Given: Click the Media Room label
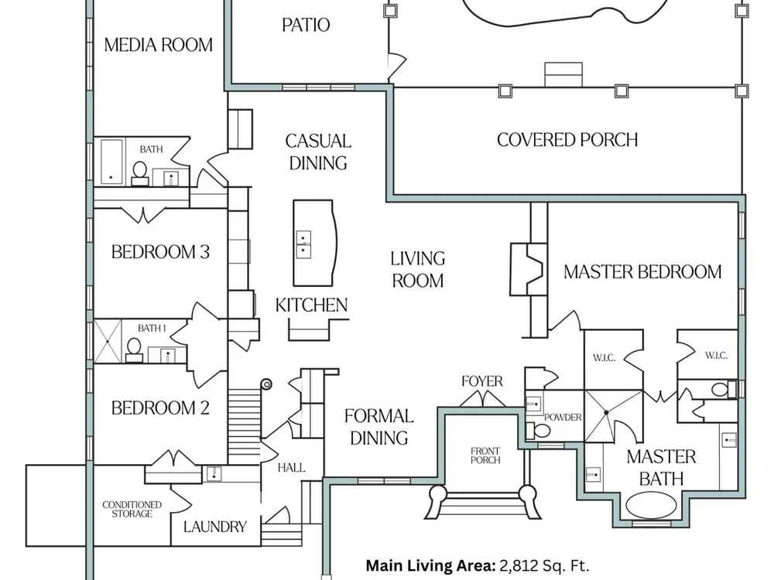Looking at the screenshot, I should click(159, 45).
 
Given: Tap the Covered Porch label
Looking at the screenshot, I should click(567, 140).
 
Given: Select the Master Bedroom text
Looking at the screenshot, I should click(642, 272).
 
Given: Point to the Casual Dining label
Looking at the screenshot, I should click(318, 152).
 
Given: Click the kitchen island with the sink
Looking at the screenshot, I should click(314, 242).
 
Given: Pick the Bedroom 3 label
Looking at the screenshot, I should click(160, 252).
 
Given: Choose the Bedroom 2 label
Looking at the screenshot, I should click(160, 408).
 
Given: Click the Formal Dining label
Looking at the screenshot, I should click(378, 427).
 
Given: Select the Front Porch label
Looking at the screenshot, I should click(485, 455).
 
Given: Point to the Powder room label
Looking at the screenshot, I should click(563, 418).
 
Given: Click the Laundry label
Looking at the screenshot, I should click(215, 527).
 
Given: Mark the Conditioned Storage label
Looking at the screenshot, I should click(132, 509).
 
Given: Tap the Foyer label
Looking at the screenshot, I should click(482, 381).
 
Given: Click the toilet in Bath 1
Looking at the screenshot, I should click(134, 350).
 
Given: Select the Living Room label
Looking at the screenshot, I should click(417, 268).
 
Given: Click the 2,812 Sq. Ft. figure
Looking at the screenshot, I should click(549, 565).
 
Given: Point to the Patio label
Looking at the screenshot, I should click(306, 25).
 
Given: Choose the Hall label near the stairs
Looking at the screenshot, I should click(291, 468).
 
